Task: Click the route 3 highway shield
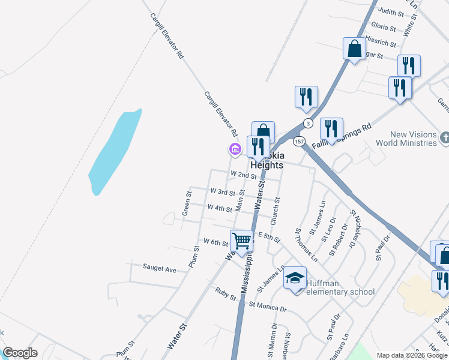(308, 123)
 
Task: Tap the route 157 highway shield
(299, 142)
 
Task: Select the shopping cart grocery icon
(242, 241)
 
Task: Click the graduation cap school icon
(295, 278)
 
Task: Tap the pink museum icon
(235, 149)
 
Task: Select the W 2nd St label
(244, 175)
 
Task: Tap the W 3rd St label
(222, 191)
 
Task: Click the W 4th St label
(219, 208)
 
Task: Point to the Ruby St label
(226, 293)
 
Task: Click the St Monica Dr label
(268, 307)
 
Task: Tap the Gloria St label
(384, 27)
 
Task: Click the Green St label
(187, 204)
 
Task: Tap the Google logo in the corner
(20, 353)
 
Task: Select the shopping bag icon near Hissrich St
(354, 49)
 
